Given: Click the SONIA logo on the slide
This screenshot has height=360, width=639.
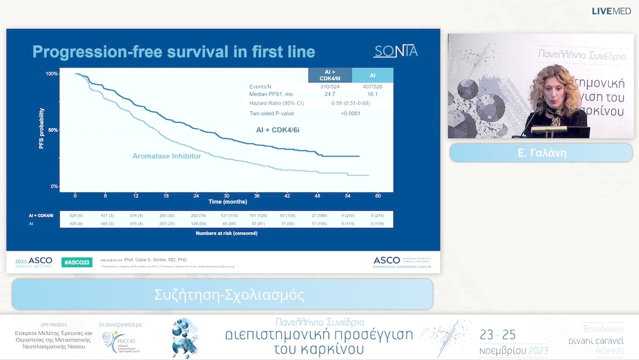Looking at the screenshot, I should click(395, 52).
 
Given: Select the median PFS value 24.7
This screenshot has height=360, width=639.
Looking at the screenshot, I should click(330, 94).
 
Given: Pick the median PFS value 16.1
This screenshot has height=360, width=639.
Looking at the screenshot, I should click(372, 94).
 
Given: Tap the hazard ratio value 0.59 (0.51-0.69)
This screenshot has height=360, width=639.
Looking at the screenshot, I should click(351, 103).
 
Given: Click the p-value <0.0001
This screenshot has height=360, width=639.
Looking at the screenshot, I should click(351, 113).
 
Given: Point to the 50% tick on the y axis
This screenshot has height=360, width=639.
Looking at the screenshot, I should click(53, 130).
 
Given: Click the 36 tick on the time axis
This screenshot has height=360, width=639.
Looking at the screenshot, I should click(257, 195).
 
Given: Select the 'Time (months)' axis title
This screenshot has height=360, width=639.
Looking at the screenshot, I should click(226, 202).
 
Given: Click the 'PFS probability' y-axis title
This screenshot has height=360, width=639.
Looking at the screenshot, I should click(42, 128).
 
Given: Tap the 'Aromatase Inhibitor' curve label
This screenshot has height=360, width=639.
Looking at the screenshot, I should click(166, 156).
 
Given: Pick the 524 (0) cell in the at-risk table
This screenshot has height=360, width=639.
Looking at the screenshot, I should click(75, 216).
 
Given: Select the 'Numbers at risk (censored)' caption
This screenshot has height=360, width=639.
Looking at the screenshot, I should click(226, 233).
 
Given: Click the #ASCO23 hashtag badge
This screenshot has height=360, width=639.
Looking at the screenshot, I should click(76, 262).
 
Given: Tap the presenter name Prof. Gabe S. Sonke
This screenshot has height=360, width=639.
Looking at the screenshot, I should click(156, 259).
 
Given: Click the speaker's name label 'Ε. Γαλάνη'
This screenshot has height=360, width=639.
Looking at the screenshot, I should click(541, 153).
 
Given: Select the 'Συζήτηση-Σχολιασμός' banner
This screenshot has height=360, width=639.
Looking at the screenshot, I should click(222, 294).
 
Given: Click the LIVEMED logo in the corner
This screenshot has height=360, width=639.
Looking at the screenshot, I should click(611, 11).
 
